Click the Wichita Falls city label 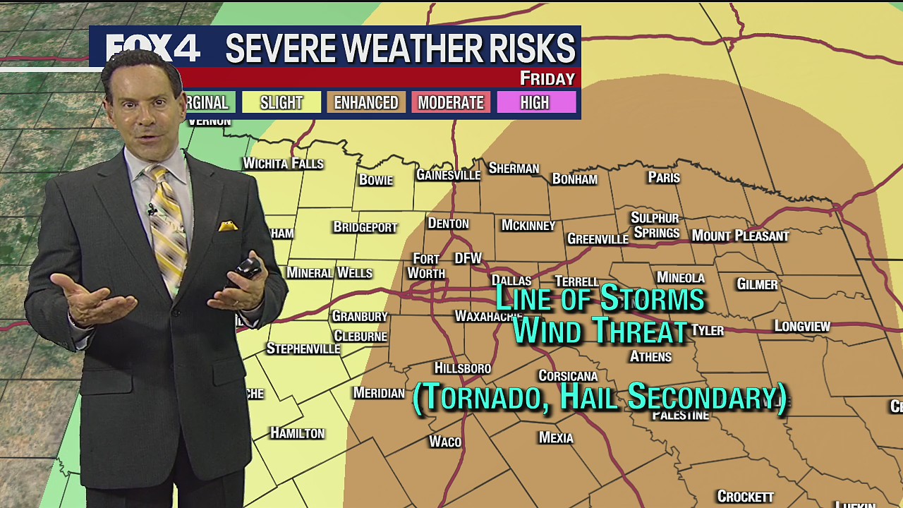point(283,164)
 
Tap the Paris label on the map point(664,177)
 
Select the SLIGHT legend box point(281,103)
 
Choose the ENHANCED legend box point(366,103)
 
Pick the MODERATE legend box point(451,103)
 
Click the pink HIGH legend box point(535,103)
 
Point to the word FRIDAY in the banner point(547,78)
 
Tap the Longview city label point(802,326)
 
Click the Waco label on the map point(445,442)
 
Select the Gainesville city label point(448,174)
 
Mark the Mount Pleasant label point(740,236)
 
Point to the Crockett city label point(746,497)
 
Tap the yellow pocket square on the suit point(227,226)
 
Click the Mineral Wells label point(329,272)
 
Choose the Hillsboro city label point(462,368)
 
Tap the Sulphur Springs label point(655,225)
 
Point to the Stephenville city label point(303,349)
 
